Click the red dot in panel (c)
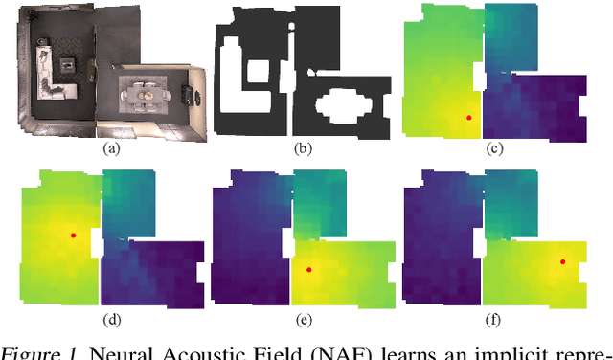pyautogui.click(x=468, y=117)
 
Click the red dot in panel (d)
pyautogui.click(x=73, y=234)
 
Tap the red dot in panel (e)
pyautogui.click(x=308, y=270)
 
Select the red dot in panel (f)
pyautogui.click(x=562, y=260)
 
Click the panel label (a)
pyautogui.click(x=112, y=149)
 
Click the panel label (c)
pyautogui.click(x=495, y=149)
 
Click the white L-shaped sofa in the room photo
pyautogui.click(x=46, y=77)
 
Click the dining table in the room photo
pyautogui.click(x=145, y=96)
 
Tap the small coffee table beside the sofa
pyautogui.click(x=69, y=65)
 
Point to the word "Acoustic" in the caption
pyautogui.click(x=184, y=350)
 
